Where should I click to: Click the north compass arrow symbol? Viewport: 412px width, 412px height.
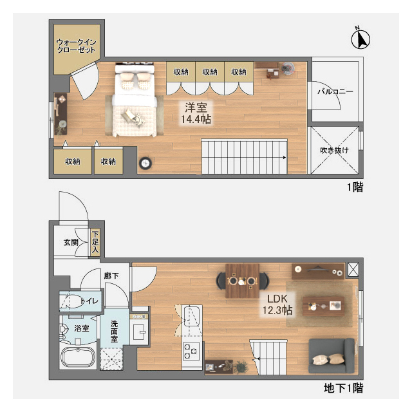[x=360, y=39]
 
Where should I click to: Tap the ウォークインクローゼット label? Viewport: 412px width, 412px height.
[x=76, y=46]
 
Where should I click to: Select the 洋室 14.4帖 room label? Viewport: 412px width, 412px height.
[x=196, y=113]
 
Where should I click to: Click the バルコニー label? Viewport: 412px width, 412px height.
[x=335, y=91]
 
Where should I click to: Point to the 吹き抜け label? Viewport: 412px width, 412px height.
[x=334, y=150]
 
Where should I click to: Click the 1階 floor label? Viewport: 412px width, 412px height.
[x=355, y=187]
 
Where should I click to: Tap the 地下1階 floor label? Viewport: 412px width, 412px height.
[x=343, y=388]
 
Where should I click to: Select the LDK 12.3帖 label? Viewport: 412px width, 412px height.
[x=277, y=304]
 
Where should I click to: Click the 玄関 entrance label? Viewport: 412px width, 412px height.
[x=71, y=242]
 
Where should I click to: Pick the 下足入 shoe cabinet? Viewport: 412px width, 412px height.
[x=95, y=242]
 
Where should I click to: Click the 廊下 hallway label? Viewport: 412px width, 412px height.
[x=111, y=276]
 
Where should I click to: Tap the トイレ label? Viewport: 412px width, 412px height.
[x=90, y=301]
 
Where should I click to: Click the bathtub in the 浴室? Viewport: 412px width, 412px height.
[x=78, y=357]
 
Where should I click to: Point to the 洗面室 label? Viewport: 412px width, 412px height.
[x=114, y=331]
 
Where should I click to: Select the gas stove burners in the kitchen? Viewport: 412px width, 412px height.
[x=191, y=351]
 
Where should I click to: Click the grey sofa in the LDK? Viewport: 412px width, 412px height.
[x=332, y=355]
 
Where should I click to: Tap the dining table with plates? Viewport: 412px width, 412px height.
[x=242, y=281]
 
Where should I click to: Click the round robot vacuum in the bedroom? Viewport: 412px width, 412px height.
[x=145, y=163]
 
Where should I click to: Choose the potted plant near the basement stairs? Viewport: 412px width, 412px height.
[x=241, y=366]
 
